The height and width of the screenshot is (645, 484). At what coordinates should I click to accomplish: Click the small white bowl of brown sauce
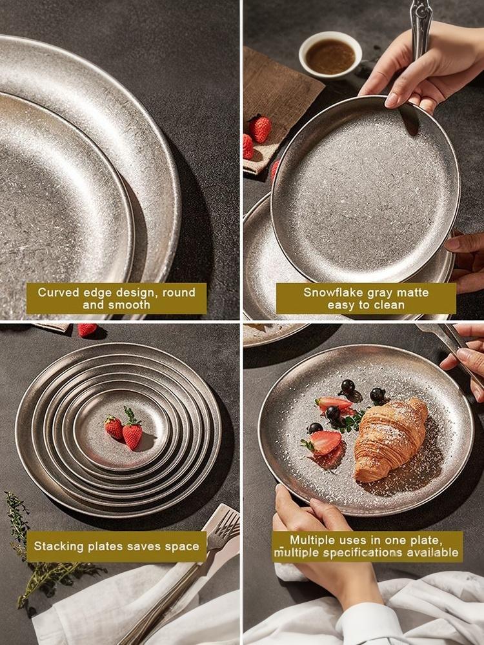click(x=330, y=55)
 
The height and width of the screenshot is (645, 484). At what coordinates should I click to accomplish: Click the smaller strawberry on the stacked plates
click(x=114, y=428)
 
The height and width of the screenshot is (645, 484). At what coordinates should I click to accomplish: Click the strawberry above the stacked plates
click(x=87, y=330)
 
